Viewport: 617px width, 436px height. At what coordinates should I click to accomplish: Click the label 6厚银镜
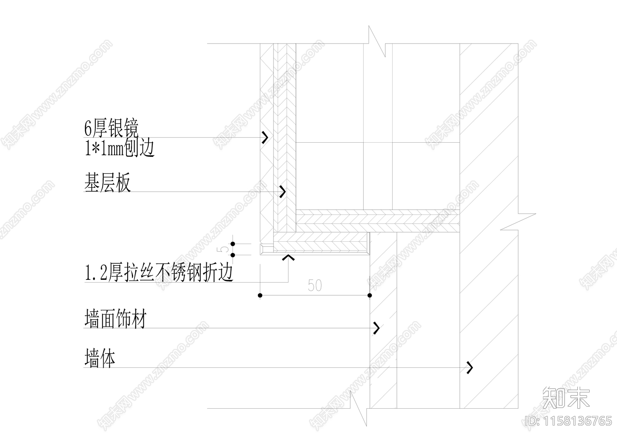click(x=111, y=128)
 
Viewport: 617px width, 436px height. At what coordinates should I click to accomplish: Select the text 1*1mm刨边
click(x=120, y=148)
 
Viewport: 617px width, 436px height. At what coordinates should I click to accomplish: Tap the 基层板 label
click(x=108, y=183)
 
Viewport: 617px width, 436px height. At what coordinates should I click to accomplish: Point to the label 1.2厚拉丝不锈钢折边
click(x=159, y=273)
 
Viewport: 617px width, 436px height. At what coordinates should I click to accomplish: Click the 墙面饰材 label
click(x=115, y=320)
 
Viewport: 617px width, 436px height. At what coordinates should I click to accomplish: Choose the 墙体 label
click(x=100, y=359)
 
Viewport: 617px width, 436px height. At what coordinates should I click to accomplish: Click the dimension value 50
click(x=315, y=286)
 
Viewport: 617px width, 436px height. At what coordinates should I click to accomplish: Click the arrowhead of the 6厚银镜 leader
click(x=265, y=138)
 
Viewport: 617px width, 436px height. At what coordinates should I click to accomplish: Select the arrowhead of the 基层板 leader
click(x=283, y=191)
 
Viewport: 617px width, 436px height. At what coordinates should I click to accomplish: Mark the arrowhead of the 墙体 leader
click(x=470, y=368)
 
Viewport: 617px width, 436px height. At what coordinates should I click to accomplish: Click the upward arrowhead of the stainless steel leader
click(x=288, y=257)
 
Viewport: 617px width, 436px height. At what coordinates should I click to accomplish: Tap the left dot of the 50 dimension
click(x=260, y=295)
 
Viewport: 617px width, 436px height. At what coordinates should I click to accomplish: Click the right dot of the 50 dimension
click(x=370, y=295)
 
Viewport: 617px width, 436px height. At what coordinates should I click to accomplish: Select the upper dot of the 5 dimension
click(x=233, y=244)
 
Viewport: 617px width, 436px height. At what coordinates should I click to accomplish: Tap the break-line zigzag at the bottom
click(x=358, y=409)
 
